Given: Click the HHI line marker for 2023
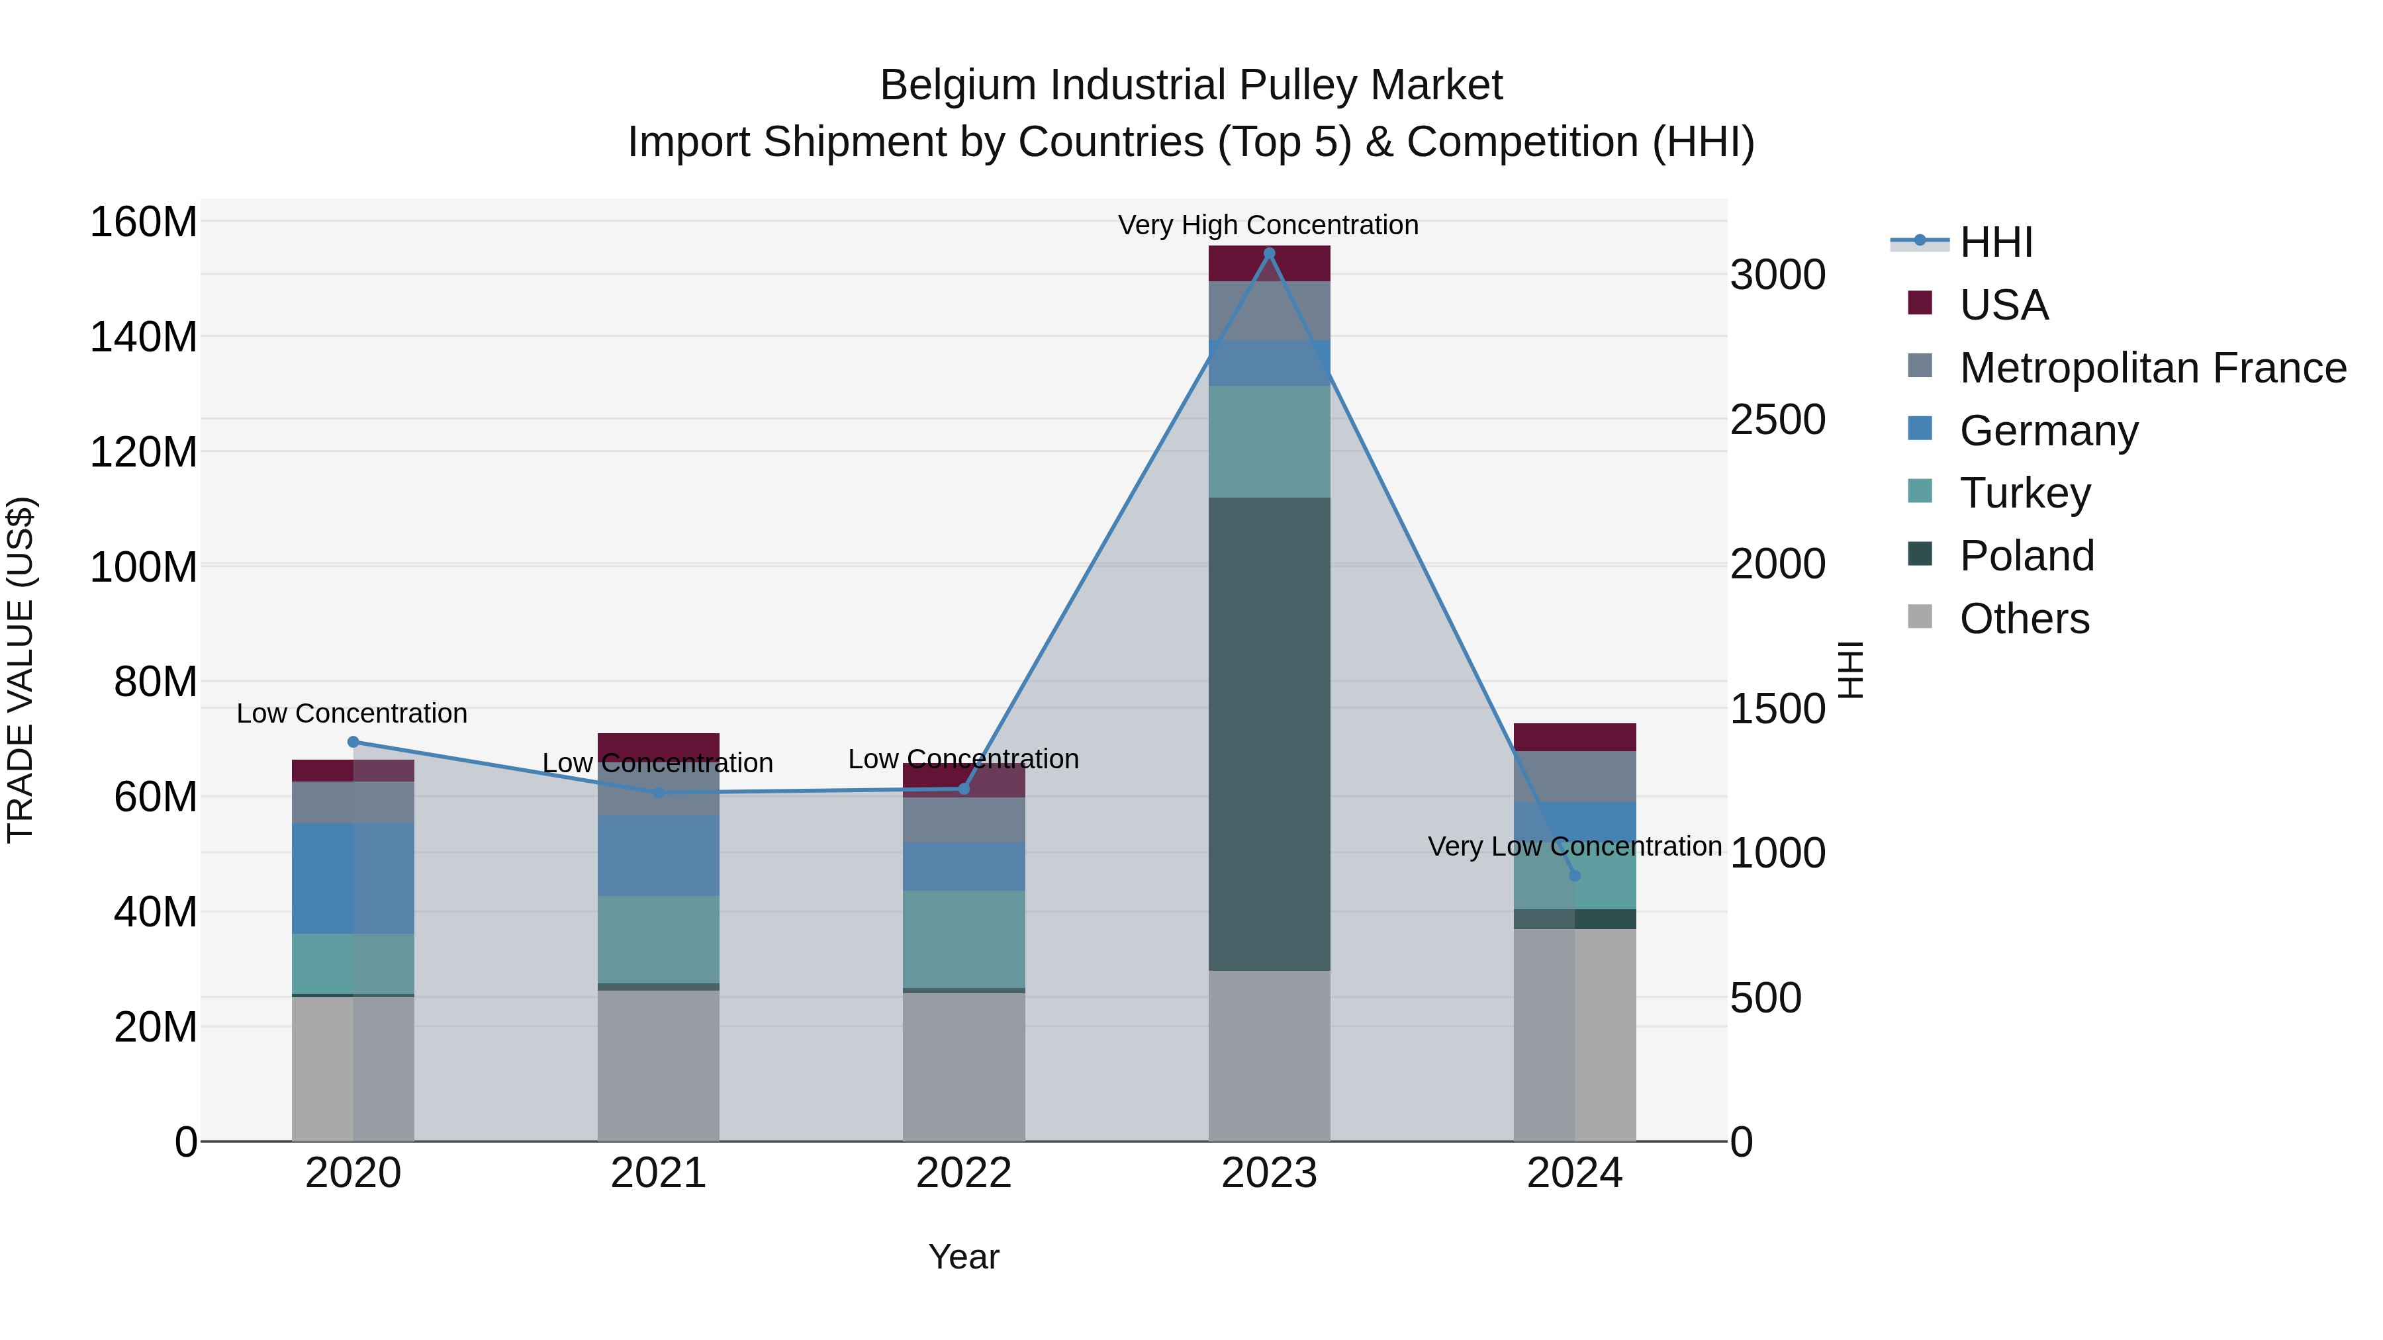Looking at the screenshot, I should [x=1269, y=253].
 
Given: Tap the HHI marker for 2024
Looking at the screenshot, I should [x=1575, y=875].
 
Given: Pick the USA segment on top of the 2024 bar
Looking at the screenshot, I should [x=1575, y=737].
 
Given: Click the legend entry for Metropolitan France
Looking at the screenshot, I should [x=2152, y=368].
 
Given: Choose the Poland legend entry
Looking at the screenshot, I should [x=2026, y=556].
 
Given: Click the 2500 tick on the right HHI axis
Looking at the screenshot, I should [x=1777, y=420].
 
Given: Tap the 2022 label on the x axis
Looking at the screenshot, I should [x=963, y=1173].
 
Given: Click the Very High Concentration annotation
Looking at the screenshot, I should [x=1268, y=225].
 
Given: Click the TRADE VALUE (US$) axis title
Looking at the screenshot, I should [x=21, y=670].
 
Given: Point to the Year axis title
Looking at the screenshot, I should [x=963, y=1257].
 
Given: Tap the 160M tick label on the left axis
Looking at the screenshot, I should [x=144, y=223].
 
